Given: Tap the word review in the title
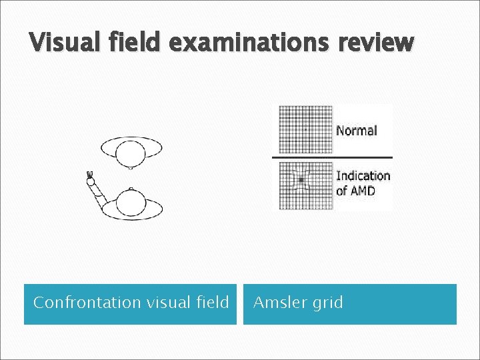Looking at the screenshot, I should [x=376, y=43].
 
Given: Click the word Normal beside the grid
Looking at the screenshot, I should [x=357, y=131].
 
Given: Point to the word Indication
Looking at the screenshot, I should [x=363, y=176].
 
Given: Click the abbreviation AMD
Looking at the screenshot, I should [x=363, y=191].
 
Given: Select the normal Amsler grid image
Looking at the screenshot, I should [x=305, y=129].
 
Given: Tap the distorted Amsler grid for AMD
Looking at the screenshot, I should [x=305, y=185].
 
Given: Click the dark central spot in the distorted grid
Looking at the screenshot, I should [x=301, y=180].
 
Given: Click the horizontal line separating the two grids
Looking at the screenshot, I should [x=332, y=157].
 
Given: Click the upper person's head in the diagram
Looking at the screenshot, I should [x=130, y=153].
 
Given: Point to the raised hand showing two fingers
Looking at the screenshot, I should [x=90, y=177].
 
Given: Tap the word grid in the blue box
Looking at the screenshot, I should [x=327, y=303].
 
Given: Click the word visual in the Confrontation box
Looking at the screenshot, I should [x=157, y=303].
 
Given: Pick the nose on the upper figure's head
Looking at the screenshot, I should [x=131, y=168].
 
